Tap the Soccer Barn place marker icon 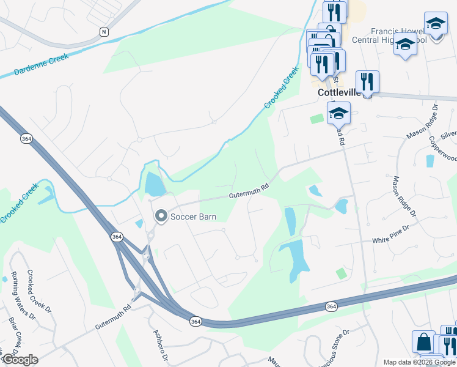tap(161, 216)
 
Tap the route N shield tap(104, 31)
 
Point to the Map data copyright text tap(419, 362)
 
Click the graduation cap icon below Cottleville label tap(338, 113)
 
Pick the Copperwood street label tap(443, 149)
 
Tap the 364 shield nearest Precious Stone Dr tap(331, 306)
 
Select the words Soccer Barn tap(194, 217)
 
